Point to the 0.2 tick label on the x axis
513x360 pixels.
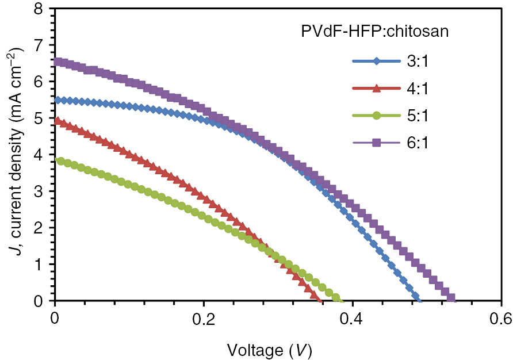(x=203, y=318)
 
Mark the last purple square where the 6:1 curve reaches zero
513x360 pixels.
(x=451, y=298)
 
